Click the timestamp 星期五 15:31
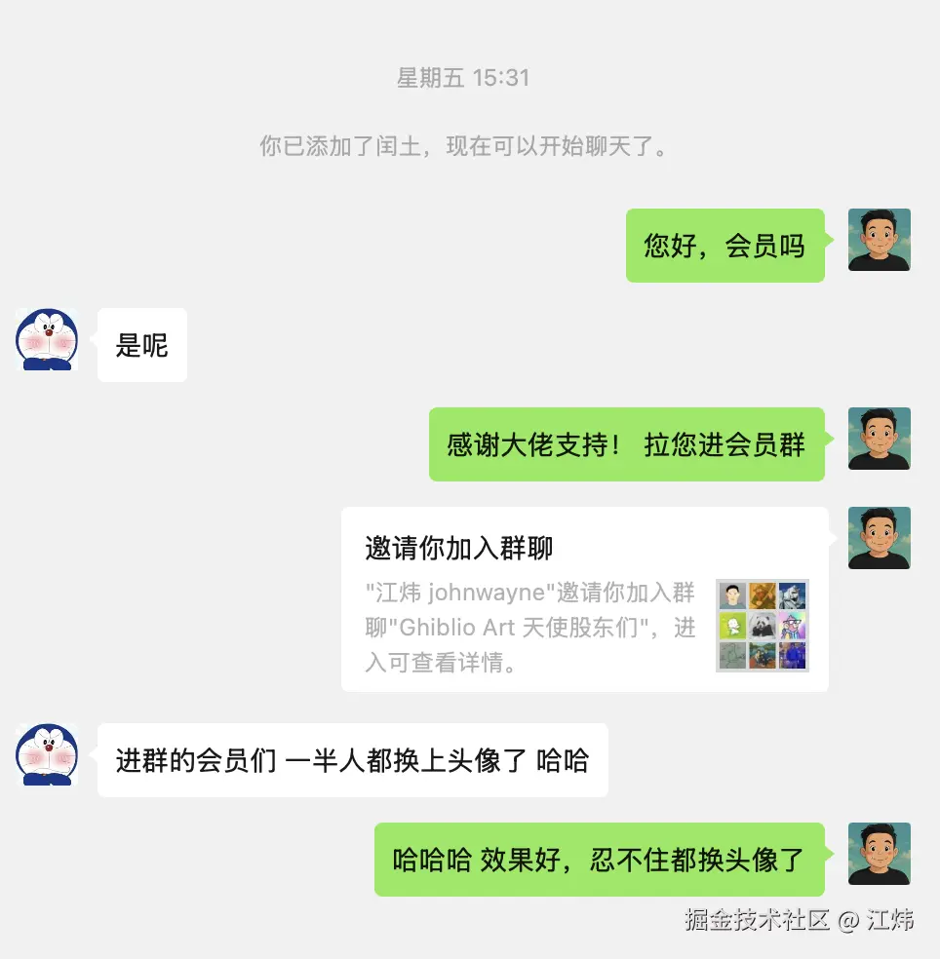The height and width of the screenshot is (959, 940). pos(463,78)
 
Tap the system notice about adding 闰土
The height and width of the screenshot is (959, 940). pos(463,147)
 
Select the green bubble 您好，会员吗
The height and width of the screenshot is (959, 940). pos(725,246)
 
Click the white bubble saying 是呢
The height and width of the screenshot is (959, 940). pos(142,345)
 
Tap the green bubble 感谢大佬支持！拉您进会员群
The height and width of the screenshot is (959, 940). pos(626,444)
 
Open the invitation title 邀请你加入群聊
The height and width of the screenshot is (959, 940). pos(459,548)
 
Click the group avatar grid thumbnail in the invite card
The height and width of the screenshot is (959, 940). pos(763,625)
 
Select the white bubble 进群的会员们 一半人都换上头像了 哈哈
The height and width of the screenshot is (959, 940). pos(352,760)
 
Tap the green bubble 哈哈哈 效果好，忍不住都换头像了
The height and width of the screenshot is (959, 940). pos(599,860)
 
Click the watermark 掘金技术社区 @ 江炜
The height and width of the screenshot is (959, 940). pos(799,919)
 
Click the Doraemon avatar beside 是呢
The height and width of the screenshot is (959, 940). pos(47,339)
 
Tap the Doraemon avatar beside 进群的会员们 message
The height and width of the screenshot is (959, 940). pos(47,754)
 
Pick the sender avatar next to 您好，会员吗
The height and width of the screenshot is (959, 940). pos(879,240)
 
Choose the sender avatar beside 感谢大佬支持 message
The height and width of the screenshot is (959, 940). pos(879,439)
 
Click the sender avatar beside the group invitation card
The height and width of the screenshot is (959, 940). pos(879,538)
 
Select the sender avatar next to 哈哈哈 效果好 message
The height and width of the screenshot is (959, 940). pos(879,854)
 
